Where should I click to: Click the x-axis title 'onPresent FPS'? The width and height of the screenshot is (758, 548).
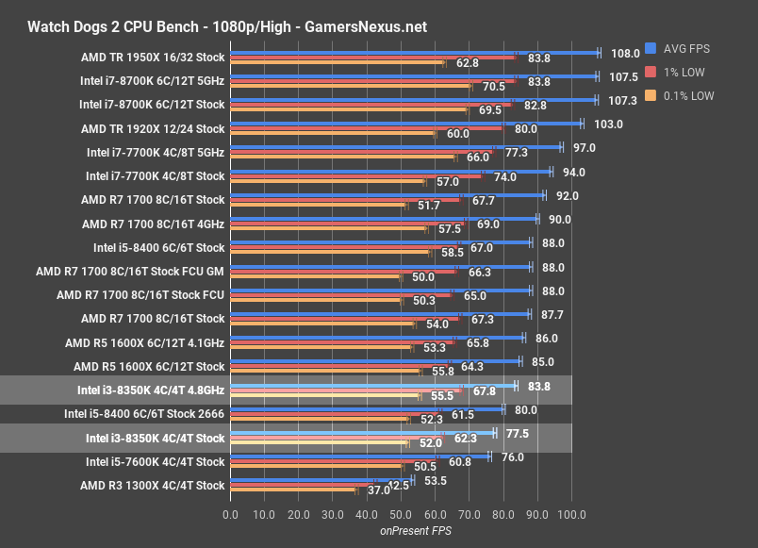pyautogui.click(x=401, y=532)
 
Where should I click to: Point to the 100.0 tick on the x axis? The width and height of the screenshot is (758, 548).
pyautogui.click(x=571, y=515)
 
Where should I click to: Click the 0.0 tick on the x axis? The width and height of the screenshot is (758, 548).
pyautogui.click(x=230, y=515)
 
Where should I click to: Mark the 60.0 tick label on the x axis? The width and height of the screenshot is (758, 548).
pyautogui.click(x=435, y=515)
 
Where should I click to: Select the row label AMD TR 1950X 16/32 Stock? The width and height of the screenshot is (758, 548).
pyautogui.click(x=153, y=57)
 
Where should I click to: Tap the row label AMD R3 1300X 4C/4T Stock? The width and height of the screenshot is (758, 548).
pyautogui.click(x=153, y=486)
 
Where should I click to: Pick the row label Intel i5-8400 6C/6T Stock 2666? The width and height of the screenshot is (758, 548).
pyautogui.click(x=144, y=413)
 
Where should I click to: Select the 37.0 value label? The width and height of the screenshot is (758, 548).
pyautogui.click(x=378, y=491)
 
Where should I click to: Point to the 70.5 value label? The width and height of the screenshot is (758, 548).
pyautogui.click(x=494, y=87)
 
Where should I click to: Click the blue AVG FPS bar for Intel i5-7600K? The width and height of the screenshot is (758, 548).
pyautogui.click(x=359, y=457)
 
